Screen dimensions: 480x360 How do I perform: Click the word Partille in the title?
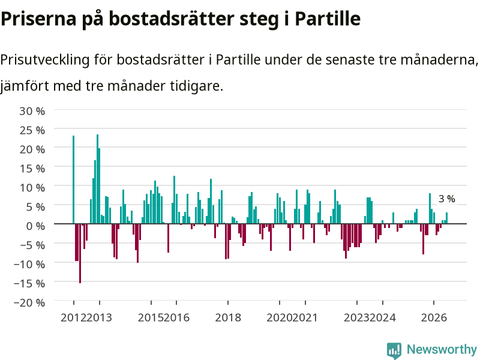[x=328, y=19]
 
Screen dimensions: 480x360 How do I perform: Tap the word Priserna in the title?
[x=38, y=19]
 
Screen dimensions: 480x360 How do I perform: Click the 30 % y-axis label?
[x=32, y=111]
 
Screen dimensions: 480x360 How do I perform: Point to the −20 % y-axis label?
[x=29, y=302]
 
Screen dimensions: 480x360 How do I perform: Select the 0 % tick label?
[x=35, y=226]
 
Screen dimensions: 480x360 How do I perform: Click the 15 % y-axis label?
[x=32, y=169]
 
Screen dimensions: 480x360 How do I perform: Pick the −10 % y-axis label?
[x=29, y=264]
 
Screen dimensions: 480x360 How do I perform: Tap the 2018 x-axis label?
[x=228, y=318]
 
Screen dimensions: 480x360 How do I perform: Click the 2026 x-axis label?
[x=434, y=318]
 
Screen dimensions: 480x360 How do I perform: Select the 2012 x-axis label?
[x=73, y=318]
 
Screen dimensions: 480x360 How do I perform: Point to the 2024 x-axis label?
[x=383, y=318]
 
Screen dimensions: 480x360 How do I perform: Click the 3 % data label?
[x=446, y=199]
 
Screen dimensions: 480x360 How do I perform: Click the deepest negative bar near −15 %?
[x=80, y=253]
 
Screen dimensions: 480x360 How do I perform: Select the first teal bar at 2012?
[x=73, y=179]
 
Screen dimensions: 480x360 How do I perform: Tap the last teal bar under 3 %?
[x=446, y=218]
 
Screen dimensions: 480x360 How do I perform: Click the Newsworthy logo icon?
[x=394, y=350]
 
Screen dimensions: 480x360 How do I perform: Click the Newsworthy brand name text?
[x=442, y=349]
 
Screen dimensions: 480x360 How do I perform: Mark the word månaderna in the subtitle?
[x=439, y=59]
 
